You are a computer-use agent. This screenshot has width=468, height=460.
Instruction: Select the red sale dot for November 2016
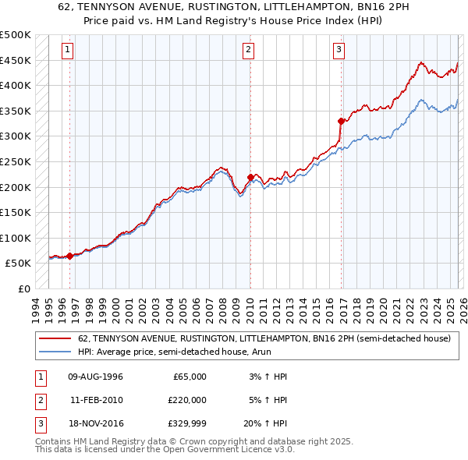coord(341,121)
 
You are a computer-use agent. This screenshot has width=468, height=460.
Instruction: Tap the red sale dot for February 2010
coord(250,177)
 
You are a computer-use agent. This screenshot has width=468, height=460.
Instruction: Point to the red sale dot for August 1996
coord(70,255)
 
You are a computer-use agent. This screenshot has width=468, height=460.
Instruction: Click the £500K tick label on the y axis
coord(16,35)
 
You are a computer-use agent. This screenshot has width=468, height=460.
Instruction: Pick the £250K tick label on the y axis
coord(16,161)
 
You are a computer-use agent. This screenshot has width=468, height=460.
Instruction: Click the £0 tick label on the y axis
coord(23,288)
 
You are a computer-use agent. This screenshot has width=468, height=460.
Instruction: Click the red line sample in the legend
coord(55,338)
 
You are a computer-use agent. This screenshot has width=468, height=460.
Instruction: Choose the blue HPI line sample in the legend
coord(55,352)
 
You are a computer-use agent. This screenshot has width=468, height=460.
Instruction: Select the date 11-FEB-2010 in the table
coord(96,399)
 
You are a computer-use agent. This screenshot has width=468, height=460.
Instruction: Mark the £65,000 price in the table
coord(190,377)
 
